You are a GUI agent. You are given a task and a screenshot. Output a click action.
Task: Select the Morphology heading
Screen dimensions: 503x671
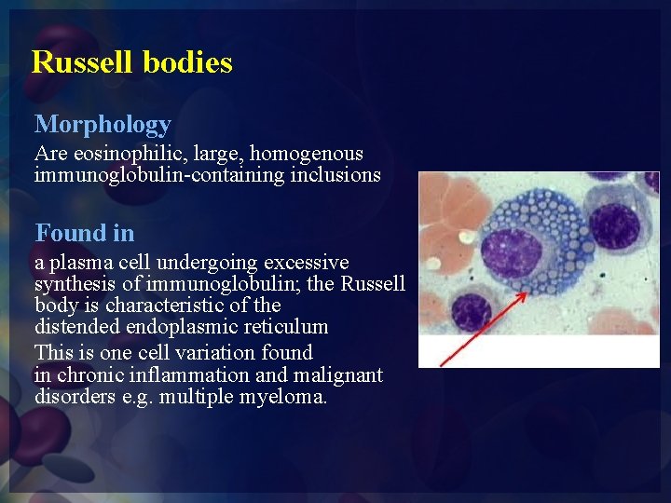point(103,124)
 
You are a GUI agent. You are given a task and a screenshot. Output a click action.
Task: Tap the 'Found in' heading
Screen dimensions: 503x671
point(84,233)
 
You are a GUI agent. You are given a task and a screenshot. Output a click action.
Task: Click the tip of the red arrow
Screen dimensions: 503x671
point(528,293)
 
